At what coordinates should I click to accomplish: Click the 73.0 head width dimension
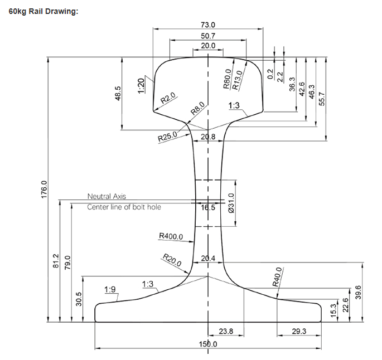pyautogui.click(x=208, y=25)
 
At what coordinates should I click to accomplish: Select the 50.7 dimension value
pyautogui.click(x=208, y=36)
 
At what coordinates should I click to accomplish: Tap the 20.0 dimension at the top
pyautogui.click(x=208, y=46)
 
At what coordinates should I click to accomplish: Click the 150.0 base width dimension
pyautogui.click(x=208, y=344)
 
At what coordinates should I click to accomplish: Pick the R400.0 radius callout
pyautogui.click(x=171, y=236)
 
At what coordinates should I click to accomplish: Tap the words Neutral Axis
pyautogui.click(x=107, y=196)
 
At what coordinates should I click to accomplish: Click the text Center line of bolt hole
pyautogui.click(x=124, y=207)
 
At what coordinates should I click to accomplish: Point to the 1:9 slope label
pyautogui.click(x=110, y=289)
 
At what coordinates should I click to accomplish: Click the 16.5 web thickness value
pyautogui.click(x=208, y=207)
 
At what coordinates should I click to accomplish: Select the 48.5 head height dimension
pyautogui.click(x=118, y=93)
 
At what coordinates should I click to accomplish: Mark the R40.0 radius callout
pyautogui.click(x=277, y=277)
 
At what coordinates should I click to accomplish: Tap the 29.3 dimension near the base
pyautogui.click(x=299, y=332)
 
